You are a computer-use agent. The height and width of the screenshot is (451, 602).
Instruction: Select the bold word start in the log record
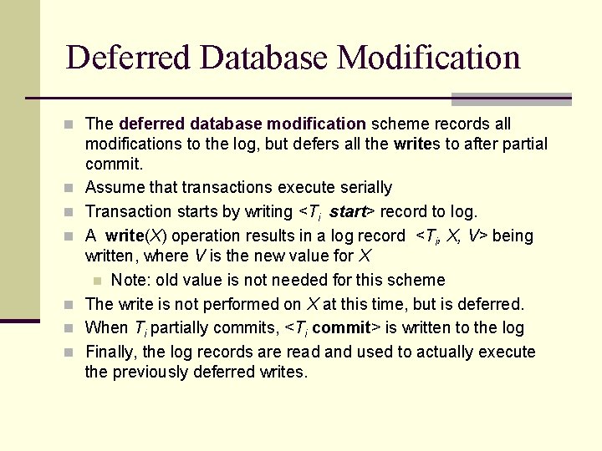coord(349,211)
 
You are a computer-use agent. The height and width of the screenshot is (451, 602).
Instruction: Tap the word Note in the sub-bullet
coord(130,280)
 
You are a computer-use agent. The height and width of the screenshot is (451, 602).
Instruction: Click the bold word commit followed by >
coord(340,327)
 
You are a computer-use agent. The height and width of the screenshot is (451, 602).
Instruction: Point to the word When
coord(106,327)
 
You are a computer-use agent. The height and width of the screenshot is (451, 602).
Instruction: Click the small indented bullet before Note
coord(97,281)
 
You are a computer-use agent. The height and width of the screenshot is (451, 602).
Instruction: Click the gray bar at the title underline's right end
coord(511,99)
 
